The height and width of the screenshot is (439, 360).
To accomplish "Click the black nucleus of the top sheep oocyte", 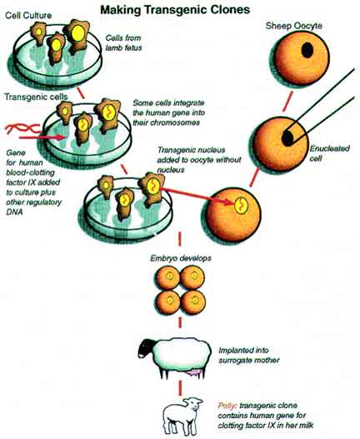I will (307, 51).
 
